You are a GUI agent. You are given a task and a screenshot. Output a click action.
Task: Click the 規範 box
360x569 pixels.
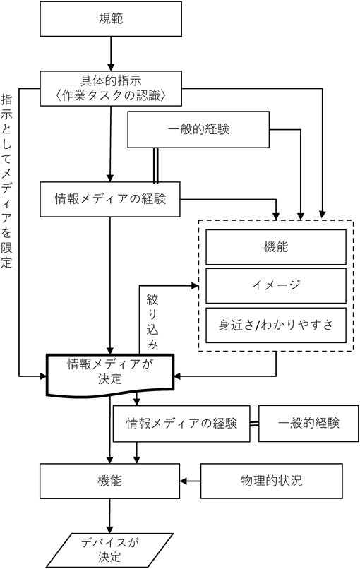coord(111,19)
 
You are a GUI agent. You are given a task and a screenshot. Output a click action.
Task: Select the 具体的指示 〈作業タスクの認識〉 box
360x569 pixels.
coord(111,88)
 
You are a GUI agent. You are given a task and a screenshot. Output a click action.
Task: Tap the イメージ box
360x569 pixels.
coord(276,286)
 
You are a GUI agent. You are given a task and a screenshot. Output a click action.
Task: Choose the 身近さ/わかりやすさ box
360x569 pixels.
coord(276,325)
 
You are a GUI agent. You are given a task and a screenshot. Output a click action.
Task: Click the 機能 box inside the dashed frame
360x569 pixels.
coord(276,247)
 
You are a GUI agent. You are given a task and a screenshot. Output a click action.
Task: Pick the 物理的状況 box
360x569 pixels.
coord(272,481)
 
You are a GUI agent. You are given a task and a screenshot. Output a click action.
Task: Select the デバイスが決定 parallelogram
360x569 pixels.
coord(109,550)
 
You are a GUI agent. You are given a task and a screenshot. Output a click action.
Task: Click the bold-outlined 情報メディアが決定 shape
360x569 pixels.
coord(110,373)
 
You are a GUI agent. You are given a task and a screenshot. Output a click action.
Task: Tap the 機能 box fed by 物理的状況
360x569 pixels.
coord(109,481)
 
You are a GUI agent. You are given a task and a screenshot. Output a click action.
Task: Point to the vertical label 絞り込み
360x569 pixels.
coord(152,321)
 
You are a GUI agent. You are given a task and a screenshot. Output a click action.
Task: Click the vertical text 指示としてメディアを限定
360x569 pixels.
coord(6,181)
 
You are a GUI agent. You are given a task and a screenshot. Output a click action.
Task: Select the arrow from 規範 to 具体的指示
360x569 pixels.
coord(111,54)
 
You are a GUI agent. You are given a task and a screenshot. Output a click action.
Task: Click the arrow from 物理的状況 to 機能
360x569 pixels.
coord(191,481)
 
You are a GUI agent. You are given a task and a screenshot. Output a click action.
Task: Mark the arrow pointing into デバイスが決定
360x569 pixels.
coord(109,515)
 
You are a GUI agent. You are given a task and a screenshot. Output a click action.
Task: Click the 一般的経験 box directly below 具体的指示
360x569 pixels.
coord(198,130)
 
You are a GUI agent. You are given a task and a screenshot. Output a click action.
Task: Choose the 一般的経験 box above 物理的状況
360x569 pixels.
coord(308,424)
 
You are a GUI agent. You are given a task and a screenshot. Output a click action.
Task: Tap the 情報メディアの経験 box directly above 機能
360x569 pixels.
coord(181,424)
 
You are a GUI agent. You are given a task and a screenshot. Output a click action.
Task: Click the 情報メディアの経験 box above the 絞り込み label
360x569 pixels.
coord(110,199)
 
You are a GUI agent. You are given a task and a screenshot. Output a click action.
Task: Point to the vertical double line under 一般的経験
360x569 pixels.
coord(156,164)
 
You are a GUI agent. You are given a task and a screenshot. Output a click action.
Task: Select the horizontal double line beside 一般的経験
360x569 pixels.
coord(254,424)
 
